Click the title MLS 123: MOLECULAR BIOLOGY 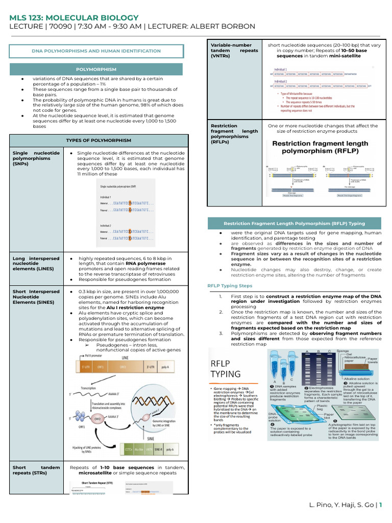tap(74, 18)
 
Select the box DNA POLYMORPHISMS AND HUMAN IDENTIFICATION tap(96, 51)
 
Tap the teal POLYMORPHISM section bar tap(96, 68)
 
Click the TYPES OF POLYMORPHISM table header tap(99, 140)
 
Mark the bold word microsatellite tap(92, 472)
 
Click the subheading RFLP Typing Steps tap(230, 286)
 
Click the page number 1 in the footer tap(380, 506)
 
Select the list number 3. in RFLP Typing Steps tap(220, 333)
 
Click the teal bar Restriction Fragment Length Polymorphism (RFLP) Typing tap(294, 224)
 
